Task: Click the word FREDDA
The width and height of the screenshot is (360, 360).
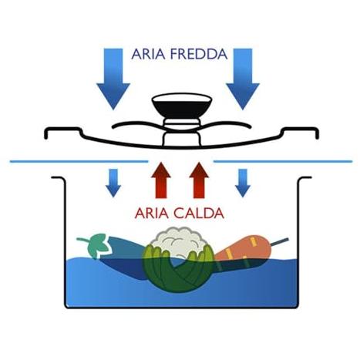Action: [199, 54]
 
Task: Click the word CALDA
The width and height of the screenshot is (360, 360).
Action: [199, 214]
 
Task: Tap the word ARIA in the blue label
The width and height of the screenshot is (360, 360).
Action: [148, 54]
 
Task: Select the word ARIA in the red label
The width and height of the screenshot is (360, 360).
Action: [152, 214]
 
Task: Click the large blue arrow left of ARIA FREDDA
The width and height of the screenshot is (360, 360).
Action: [113, 79]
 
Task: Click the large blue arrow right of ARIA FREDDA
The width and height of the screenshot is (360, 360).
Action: [243, 79]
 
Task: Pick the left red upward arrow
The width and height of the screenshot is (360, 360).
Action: [161, 180]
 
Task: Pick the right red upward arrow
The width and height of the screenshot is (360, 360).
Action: [199, 180]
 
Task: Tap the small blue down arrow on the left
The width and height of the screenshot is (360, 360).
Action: [113, 183]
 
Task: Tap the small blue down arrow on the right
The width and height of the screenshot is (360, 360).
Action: [243, 183]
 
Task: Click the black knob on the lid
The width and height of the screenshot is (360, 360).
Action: [182, 106]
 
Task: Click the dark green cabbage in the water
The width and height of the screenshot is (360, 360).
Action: [178, 270]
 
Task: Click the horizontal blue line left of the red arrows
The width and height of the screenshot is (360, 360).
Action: [79, 162]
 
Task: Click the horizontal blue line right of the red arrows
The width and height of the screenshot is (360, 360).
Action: [283, 161]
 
